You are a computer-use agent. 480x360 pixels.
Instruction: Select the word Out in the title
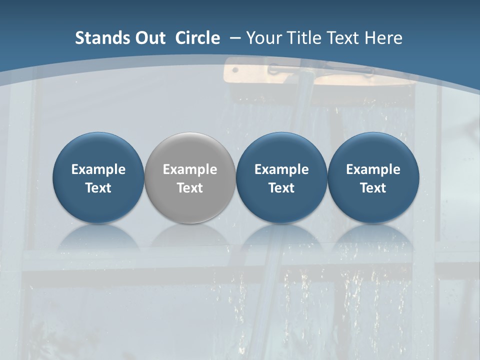148,38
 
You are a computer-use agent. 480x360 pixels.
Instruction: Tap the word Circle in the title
197,38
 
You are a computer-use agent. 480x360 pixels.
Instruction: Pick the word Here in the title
384,38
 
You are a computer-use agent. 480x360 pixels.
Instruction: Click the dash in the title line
234,38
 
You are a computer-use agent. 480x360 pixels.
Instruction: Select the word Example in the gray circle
190,169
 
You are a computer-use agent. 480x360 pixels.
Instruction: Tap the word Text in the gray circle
190,188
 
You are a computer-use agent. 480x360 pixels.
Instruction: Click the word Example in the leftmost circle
98,169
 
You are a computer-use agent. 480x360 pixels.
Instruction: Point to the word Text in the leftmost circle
98,188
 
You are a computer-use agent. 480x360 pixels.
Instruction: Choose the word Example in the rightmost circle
373,169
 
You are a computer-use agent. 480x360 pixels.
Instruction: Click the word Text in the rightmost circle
373,188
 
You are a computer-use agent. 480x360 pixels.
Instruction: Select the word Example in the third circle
281,169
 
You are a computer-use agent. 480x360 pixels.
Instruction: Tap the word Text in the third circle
281,188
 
